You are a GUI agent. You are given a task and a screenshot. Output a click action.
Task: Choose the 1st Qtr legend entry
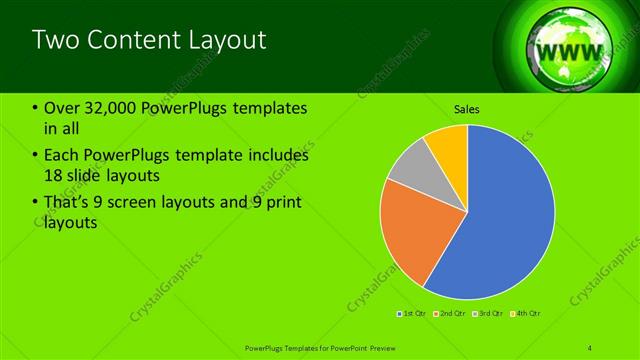click(414, 314)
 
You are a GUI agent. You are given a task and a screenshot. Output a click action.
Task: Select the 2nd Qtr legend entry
click(452, 314)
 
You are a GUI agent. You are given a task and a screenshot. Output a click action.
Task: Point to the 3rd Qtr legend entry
click(489, 314)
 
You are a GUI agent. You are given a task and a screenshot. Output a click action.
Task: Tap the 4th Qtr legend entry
click(527, 314)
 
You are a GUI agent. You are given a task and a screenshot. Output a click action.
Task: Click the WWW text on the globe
click(568, 51)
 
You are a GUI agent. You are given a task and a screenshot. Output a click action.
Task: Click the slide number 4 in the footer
click(590, 347)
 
